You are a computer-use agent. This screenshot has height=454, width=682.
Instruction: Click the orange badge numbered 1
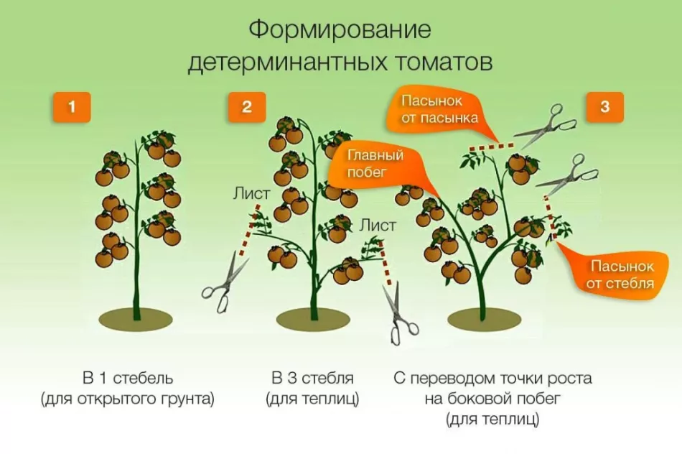(x=72, y=107)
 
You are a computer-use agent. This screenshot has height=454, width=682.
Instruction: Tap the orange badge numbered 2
(x=247, y=107)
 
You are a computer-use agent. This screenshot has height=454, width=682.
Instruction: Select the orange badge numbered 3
(x=604, y=107)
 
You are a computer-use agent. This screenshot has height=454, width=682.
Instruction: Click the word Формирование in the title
(x=340, y=30)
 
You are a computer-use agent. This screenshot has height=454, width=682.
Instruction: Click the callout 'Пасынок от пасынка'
(x=439, y=110)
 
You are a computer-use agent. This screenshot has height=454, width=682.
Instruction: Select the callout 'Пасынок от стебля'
(x=620, y=274)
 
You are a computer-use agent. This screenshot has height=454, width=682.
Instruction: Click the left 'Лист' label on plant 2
(x=251, y=194)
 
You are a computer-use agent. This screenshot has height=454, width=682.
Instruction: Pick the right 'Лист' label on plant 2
(x=378, y=226)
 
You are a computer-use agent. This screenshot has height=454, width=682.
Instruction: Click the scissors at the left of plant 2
(x=224, y=283)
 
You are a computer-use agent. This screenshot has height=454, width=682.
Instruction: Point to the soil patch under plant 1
(x=136, y=320)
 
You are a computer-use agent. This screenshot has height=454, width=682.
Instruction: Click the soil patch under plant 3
(x=485, y=320)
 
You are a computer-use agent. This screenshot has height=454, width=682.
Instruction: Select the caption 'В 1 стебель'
(x=128, y=379)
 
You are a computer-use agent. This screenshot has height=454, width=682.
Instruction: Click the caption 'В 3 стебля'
(x=312, y=379)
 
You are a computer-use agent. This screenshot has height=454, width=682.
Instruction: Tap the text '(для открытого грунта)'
(x=128, y=399)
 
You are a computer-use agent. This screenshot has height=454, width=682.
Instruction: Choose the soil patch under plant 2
(x=313, y=320)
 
